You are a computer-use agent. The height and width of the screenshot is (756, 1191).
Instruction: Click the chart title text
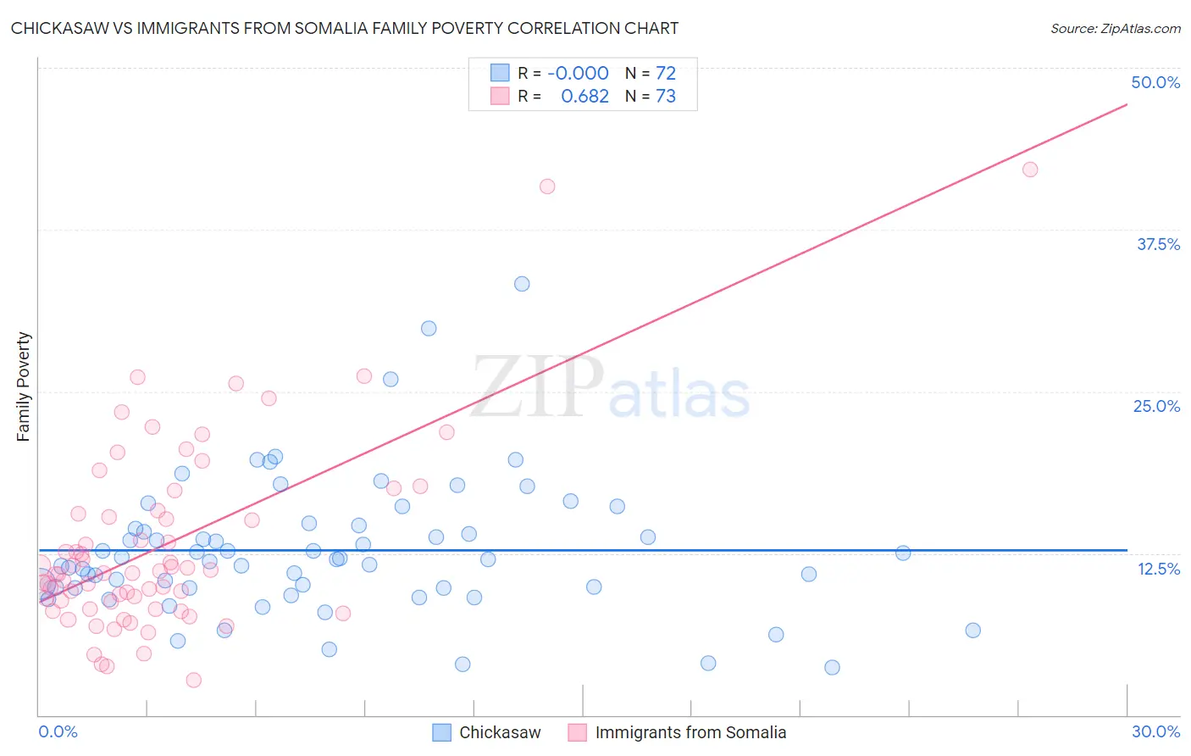point(345,28)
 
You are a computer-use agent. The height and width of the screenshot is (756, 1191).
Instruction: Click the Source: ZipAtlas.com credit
point(1115,29)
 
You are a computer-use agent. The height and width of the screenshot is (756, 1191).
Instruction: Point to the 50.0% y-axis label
point(1155,82)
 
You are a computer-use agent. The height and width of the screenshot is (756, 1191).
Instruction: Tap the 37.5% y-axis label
point(1158,244)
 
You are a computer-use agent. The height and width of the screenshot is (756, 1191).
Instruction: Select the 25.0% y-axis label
point(1156,406)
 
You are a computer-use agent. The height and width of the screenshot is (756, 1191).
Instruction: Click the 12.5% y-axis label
point(1158,569)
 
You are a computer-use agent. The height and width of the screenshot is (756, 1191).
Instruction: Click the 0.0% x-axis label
point(58,731)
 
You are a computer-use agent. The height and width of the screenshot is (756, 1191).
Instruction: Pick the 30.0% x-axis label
point(1155,731)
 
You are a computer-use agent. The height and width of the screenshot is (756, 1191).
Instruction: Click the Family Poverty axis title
point(24,386)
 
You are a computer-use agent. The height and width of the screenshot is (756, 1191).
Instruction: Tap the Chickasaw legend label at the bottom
point(500,732)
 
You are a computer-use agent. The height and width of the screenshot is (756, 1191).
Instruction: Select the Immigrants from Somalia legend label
point(690,732)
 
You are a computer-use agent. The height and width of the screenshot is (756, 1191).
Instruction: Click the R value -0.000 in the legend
point(578,73)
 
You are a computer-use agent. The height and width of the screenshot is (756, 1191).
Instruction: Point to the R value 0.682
point(584,96)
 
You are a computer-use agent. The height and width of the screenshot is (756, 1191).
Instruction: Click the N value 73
point(666,96)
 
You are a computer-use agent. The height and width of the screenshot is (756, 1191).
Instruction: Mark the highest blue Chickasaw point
point(522,284)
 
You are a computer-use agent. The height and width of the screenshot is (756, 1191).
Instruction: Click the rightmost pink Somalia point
point(1030,170)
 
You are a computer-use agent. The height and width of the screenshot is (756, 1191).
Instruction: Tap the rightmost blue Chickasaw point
point(972,631)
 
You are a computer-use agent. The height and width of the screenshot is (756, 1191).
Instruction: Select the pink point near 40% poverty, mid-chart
point(547,186)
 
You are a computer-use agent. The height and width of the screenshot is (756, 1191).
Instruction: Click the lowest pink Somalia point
point(193,680)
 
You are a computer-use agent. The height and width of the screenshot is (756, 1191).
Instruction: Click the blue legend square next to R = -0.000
point(500,73)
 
